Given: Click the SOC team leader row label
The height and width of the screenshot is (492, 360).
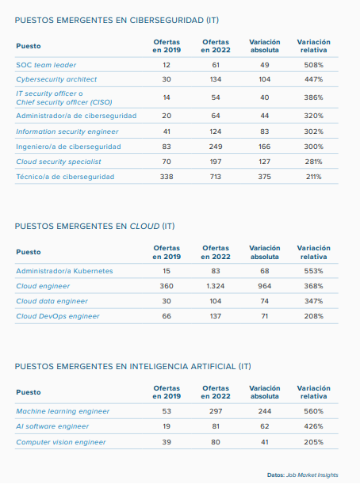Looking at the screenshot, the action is click(x=46, y=65).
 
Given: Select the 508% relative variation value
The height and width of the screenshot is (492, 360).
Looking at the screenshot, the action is click(x=313, y=65).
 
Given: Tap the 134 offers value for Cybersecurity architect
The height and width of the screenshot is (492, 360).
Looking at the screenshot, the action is click(x=216, y=79).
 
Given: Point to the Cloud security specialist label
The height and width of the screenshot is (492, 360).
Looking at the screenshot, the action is click(x=59, y=162).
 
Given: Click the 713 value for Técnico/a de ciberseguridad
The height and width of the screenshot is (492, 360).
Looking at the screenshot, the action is click(x=216, y=177).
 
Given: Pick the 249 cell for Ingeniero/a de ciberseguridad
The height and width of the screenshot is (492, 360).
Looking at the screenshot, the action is click(x=216, y=147).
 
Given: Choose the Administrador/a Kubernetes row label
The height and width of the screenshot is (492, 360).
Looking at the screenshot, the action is click(x=64, y=271).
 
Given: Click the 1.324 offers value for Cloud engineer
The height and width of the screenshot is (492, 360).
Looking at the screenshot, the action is click(x=216, y=286).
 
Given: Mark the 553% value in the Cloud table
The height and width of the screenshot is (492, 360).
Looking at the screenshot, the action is click(x=313, y=271).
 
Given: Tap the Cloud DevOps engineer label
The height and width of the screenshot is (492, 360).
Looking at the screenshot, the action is click(x=58, y=316).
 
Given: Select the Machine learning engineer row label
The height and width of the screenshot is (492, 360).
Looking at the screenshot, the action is click(x=63, y=411).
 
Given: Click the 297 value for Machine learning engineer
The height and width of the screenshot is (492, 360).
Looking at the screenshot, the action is click(x=216, y=411).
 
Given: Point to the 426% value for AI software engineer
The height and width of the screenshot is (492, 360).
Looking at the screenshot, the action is click(x=313, y=426).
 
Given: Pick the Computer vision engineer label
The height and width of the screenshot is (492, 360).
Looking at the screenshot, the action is click(x=61, y=442).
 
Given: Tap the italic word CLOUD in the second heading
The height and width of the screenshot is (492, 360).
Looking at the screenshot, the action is click(x=144, y=227).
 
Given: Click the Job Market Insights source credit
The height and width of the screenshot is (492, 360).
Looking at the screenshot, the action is click(x=312, y=475).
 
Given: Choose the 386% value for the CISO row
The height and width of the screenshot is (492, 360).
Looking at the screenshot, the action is click(x=313, y=97).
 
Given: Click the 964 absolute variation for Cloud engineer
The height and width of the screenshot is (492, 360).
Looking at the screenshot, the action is click(x=265, y=286).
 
